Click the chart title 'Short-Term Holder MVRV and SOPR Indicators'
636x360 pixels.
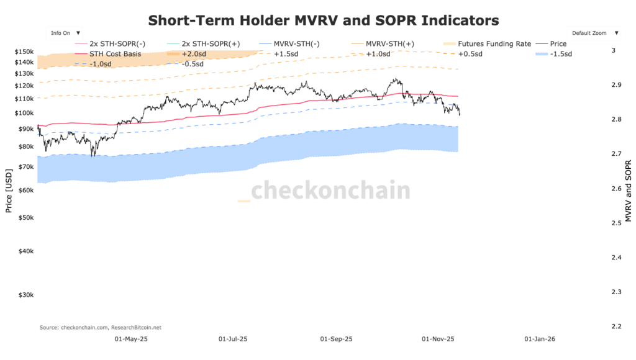(323, 20)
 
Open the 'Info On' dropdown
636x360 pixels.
(65, 33)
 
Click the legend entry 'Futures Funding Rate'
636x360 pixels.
(494, 44)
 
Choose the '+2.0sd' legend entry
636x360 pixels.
(196, 54)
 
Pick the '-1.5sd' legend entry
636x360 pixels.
(561, 54)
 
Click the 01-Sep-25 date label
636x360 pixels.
(336, 340)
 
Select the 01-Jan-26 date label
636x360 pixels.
(540, 340)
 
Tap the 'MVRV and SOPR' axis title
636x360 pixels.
(628, 190)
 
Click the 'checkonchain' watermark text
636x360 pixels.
(330, 191)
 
